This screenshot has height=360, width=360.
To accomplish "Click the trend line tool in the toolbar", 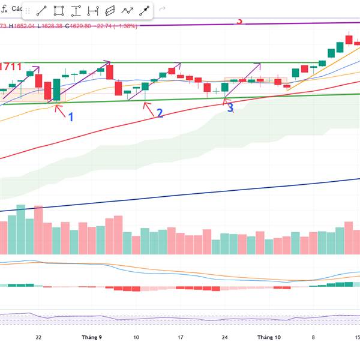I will click(41, 11).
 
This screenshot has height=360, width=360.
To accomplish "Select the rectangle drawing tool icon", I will click(59, 11).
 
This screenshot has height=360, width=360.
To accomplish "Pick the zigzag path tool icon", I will click(127, 11).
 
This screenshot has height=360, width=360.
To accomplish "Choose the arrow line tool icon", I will click(145, 11).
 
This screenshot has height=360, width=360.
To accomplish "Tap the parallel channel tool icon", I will click(110, 11).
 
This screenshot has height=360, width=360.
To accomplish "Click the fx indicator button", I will click(4, 10).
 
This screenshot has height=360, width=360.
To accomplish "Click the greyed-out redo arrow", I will click(163, 10).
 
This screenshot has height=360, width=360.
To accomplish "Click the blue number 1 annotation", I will click(70, 117).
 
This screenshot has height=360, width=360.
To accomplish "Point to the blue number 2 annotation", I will click(160, 113).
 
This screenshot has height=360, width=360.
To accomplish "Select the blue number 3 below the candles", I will click(230, 109).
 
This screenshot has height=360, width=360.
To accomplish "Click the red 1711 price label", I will click(10, 67).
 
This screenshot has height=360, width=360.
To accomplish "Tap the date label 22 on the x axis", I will click(38, 338).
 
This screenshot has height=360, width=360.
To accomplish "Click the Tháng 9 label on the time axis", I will click(92, 338).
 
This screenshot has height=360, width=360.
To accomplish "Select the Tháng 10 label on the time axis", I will click(269, 338).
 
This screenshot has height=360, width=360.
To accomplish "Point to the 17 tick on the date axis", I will click(180, 338).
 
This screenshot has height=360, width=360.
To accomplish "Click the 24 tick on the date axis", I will click(224, 338).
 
